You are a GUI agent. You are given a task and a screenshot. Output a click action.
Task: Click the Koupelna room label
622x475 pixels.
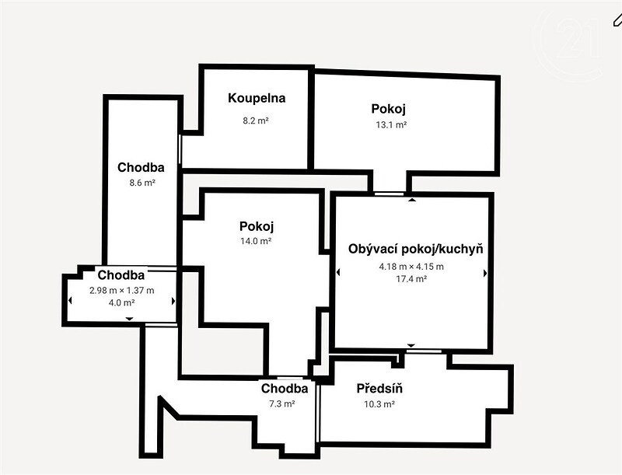257,98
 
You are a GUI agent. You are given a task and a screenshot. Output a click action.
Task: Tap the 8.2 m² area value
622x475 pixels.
256,120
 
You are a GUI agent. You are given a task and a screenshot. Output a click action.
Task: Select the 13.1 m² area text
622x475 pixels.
391,125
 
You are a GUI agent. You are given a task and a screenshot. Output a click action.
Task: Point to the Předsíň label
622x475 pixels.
379,388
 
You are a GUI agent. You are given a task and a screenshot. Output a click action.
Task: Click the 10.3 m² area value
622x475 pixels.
379,404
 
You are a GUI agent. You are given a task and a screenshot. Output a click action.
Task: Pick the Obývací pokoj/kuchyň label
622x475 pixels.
416,249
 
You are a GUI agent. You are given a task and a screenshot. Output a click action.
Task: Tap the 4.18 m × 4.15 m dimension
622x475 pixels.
411,267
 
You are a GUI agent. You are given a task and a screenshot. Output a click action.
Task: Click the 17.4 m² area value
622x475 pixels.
411,279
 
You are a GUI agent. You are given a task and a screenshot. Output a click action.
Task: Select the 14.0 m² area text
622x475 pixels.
256,241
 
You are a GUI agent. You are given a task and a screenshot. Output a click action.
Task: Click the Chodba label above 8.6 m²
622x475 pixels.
141,167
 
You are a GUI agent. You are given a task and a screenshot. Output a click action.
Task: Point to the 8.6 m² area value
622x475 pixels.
142,183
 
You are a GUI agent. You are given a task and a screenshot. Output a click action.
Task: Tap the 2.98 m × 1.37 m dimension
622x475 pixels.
122,291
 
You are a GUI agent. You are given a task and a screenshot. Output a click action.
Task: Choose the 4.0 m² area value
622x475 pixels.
122,303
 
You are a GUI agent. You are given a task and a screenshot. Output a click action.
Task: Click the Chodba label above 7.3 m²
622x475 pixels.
285,388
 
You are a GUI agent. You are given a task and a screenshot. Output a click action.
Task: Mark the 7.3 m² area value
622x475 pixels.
281,404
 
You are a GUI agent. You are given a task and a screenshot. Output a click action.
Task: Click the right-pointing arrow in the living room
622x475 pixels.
485,273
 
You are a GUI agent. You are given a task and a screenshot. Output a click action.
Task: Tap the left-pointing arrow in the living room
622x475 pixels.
338,272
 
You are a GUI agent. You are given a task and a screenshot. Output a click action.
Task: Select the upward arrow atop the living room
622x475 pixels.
412,200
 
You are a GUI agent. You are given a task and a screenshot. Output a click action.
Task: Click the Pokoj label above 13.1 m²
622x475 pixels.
388,109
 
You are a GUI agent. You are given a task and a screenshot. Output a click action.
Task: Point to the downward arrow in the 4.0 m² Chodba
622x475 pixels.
129,319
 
